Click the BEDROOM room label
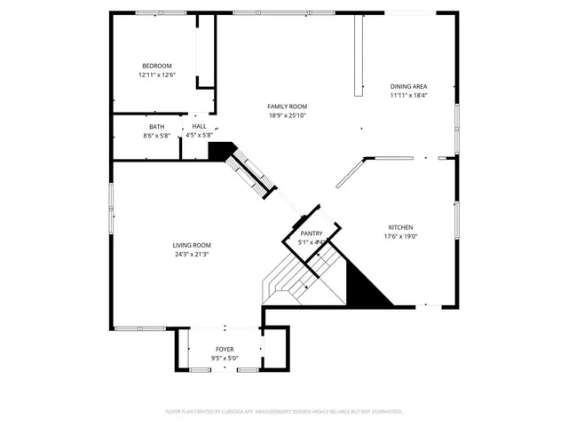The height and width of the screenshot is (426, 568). tap(156, 66)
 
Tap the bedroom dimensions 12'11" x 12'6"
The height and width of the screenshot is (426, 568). tap(156, 75)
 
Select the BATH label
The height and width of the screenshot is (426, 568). tap(156, 127)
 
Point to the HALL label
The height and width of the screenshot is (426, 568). tap(199, 127)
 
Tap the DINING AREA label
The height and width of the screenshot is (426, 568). tap(408, 86)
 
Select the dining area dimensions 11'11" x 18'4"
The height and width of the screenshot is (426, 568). tap(408, 96)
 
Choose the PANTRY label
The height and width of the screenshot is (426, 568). tap(311, 233)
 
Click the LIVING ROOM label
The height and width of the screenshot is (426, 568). tap(191, 245)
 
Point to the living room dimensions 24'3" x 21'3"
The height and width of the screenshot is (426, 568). tap(191, 255)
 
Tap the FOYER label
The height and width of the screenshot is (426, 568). tap(225, 350)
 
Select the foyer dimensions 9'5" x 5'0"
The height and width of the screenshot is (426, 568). tap(225, 359)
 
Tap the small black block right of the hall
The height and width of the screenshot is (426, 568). tap(218, 151)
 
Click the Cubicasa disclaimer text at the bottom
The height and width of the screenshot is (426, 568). tap(284, 412)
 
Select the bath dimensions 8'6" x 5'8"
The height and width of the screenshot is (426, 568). tap(156, 136)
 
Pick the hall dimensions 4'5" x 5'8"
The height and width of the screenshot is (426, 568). tap(199, 136)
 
